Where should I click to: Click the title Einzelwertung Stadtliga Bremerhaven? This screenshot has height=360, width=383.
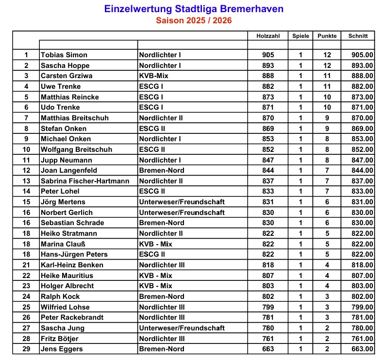click(194, 9)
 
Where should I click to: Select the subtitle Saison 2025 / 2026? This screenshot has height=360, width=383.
click(194, 20)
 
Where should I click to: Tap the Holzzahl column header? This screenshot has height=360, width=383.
click(267, 36)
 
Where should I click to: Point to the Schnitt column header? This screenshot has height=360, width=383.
click(358, 36)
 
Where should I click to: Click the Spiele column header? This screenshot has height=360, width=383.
click(300, 36)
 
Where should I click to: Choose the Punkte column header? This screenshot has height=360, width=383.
click(327, 36)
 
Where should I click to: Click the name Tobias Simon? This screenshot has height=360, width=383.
click(64, 55)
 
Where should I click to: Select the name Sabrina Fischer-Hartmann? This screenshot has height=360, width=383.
click(85, 181)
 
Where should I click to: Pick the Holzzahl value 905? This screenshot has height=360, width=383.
click(267, 55)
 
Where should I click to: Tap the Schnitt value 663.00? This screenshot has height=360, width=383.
click(362, 349)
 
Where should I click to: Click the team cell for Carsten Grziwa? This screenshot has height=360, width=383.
click(156, 76)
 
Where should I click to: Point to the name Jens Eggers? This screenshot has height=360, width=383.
click(62, 349)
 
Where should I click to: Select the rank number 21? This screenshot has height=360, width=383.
click(26, 265)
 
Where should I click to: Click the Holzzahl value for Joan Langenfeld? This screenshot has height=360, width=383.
click(267, 170)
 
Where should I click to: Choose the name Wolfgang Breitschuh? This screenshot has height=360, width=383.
click(76, 149)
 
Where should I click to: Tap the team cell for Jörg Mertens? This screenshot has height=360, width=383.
click(182, 202)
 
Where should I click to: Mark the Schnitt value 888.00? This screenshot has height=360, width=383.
click(362, 76)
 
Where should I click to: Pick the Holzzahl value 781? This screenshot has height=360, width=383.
click(267, 317)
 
